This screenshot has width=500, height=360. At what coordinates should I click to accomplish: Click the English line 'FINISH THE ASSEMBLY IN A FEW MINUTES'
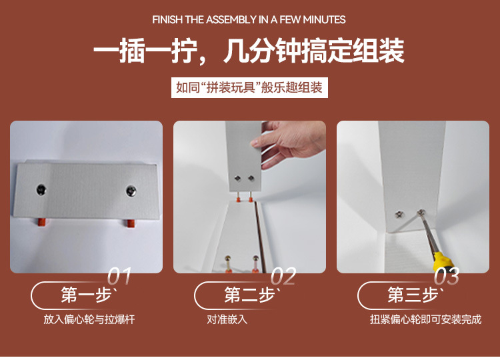(x=249, y=20)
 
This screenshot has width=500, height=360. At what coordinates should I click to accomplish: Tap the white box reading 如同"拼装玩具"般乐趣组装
(x=249, y=87)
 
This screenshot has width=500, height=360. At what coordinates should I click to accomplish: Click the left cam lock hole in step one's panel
(x=41, y=190)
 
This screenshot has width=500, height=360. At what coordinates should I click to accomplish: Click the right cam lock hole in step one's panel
(x=131, y=191)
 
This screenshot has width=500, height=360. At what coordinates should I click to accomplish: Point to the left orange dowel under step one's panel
(x=42, y=222)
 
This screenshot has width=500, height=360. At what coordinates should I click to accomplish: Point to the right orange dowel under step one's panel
(x=130, y=223)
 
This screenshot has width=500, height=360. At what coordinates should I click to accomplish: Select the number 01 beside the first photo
(x=119, y=276)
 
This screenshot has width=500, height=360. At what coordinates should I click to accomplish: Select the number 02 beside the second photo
(x=283, y=276)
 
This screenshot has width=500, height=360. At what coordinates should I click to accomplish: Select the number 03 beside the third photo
(x=447, y=276)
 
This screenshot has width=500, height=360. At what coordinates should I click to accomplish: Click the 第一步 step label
(x=86, y=295)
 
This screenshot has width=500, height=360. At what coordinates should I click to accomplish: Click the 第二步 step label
(x=249, y=295)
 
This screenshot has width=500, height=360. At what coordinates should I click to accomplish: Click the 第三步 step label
(x=413, y=295)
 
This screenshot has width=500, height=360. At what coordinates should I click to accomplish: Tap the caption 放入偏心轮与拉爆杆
(x=89, y=319)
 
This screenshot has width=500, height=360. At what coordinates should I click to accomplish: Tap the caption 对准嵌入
(x=227, y=319)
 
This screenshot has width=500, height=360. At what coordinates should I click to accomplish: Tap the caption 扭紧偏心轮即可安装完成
(x=426, y=319)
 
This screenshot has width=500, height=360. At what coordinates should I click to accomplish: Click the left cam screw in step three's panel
(x=399, y=214)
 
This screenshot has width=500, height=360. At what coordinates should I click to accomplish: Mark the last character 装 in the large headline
(x=391, y=51)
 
